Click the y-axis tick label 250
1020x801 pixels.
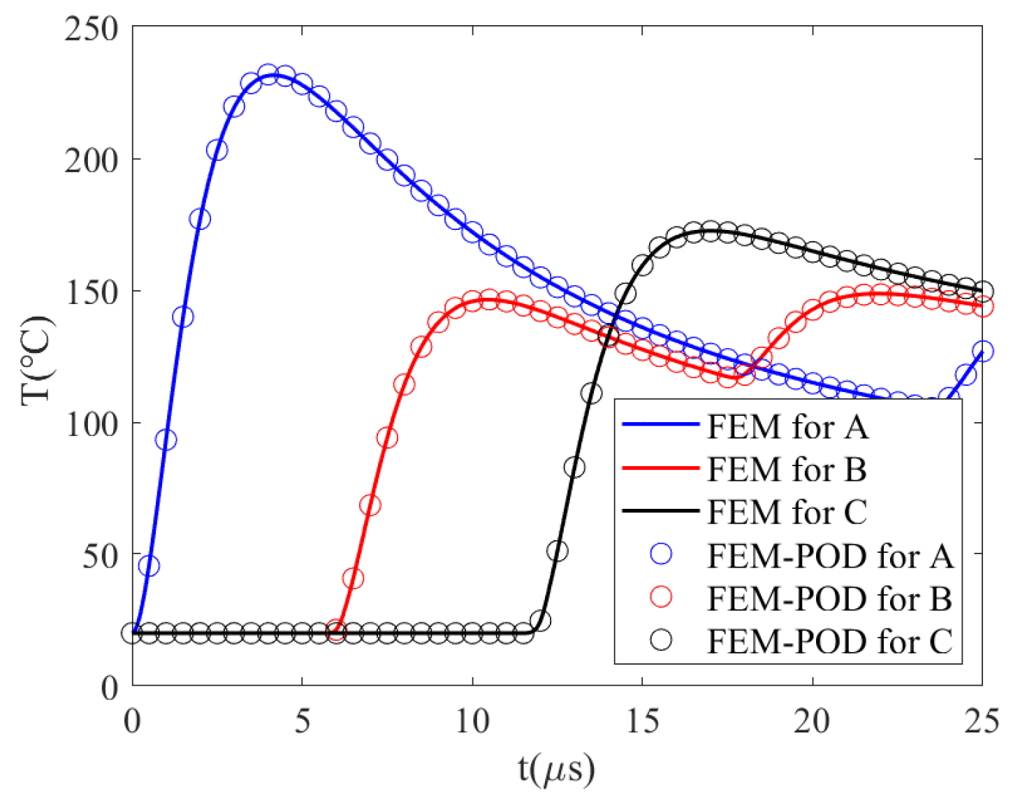tap(92, 29)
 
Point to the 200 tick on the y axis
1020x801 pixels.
tap(92, 161)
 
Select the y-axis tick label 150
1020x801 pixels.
tap(92, 292)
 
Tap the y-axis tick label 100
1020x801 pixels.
tap(92, 424)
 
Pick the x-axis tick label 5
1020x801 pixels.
tap(302, 721)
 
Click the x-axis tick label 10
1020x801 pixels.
tap(472, 721)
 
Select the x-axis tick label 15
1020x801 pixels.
tap(642, 721)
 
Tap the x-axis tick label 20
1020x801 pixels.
tap(812, 721)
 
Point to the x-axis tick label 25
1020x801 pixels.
tap(982, 721)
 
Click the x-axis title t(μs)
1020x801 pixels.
tap(557, 769)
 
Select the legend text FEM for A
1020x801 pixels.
tap(787, 426)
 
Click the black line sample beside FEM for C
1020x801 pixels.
tap(660, 511)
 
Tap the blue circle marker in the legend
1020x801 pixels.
tap(661, 554)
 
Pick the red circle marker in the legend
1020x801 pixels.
tap(661, 598)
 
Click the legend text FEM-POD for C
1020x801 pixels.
tap(829, 641)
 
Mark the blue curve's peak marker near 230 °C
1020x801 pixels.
tap(268, 75)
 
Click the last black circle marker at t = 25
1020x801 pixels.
tap(982, 291)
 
